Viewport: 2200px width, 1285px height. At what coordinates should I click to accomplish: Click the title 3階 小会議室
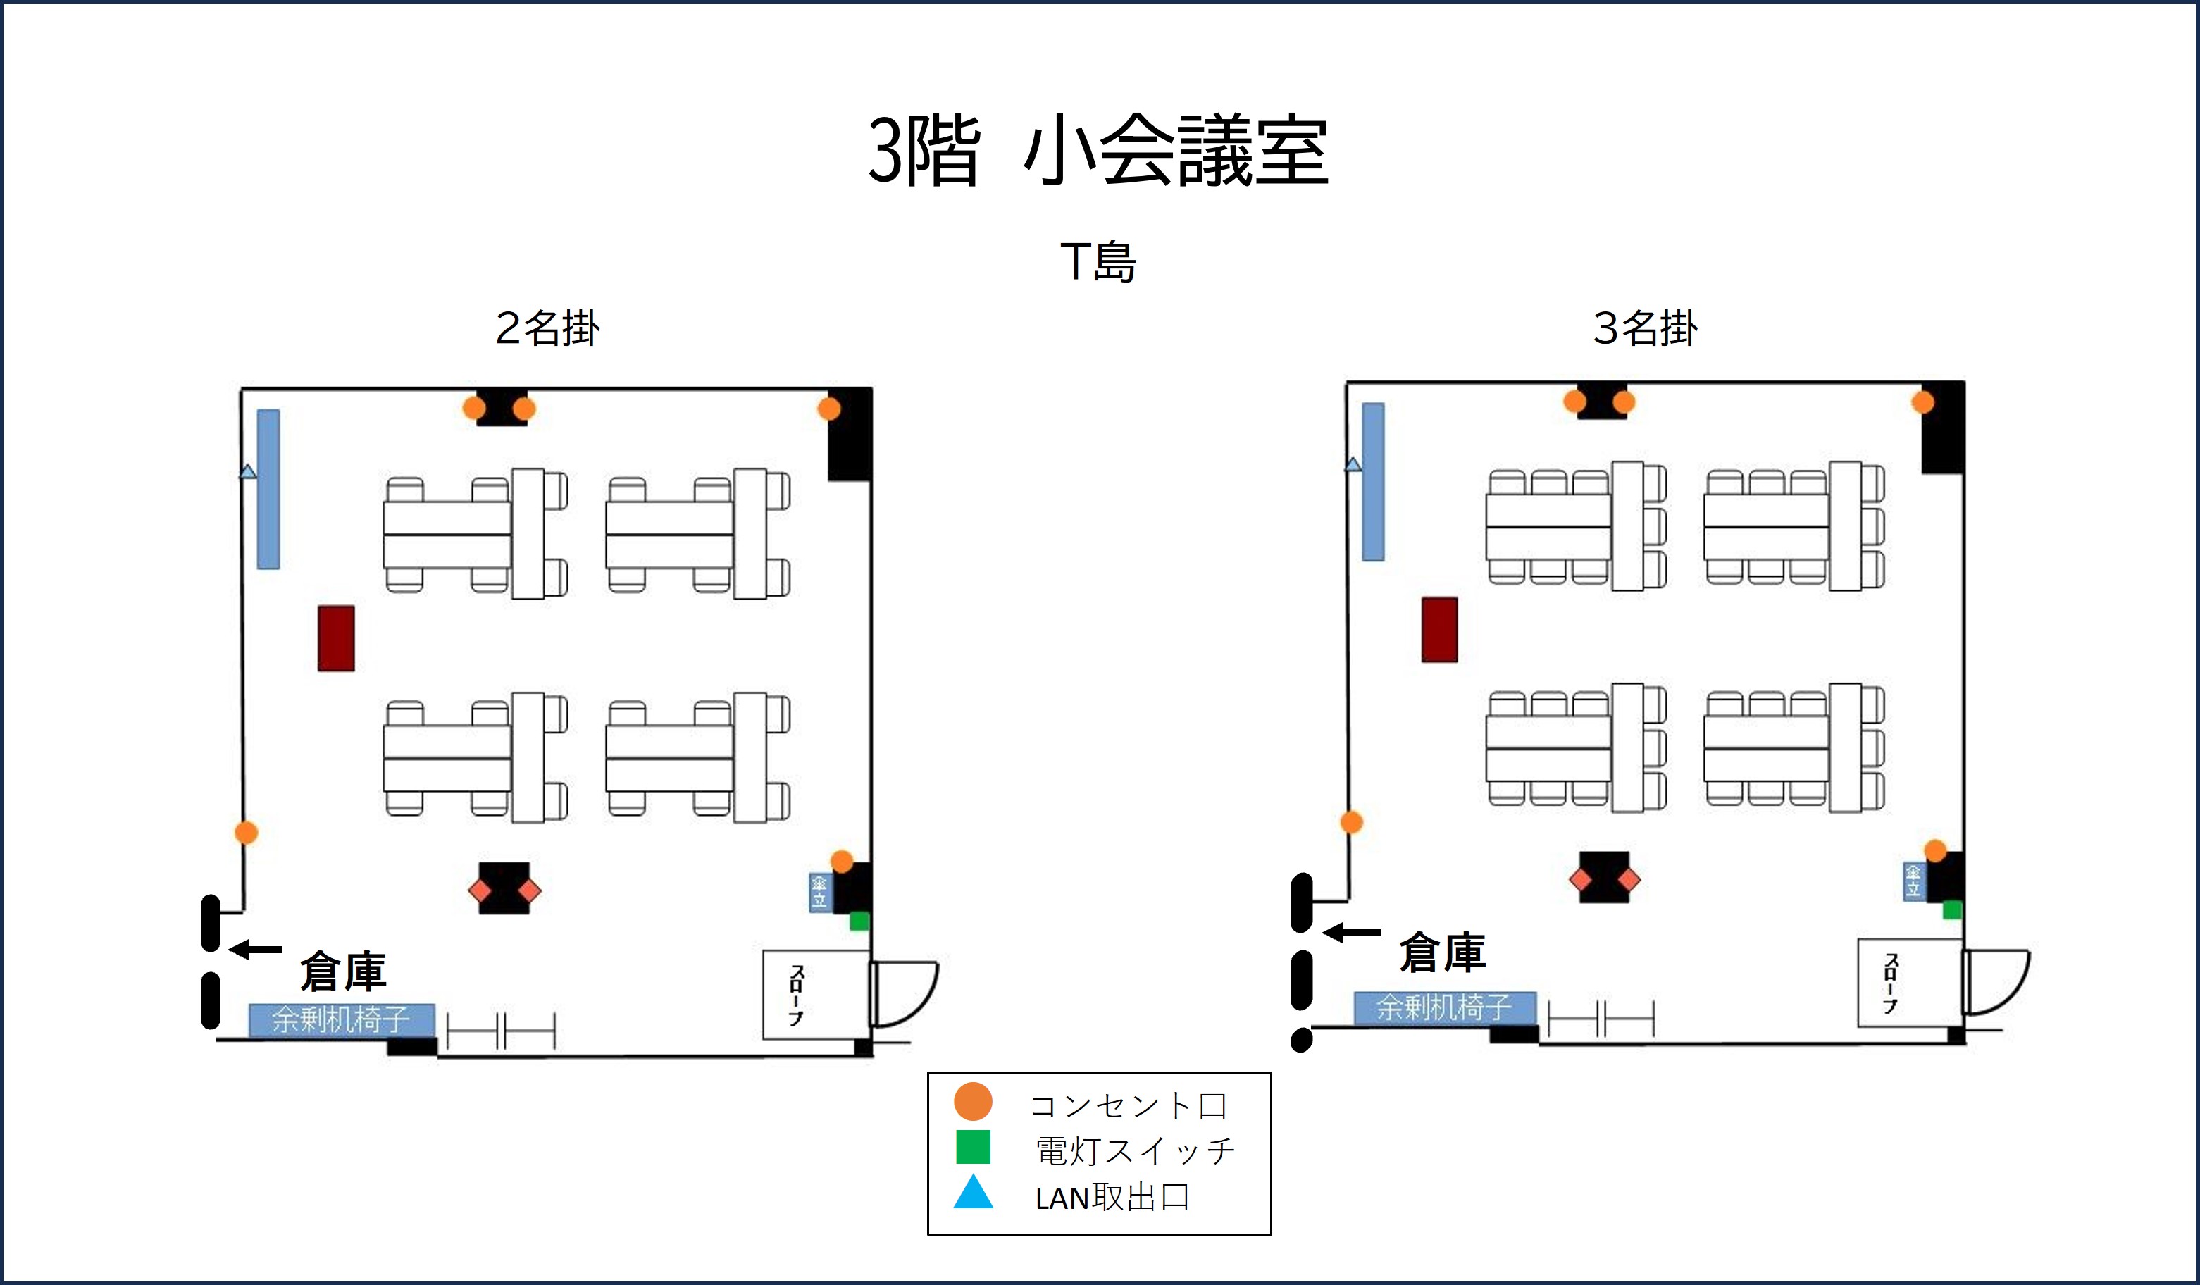(1098, 150)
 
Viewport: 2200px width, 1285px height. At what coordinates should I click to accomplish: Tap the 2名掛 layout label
(547, 328)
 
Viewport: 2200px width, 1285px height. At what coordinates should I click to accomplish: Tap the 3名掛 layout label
(1646, 328)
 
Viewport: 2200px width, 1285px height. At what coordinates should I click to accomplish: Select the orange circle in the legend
(973, 1101)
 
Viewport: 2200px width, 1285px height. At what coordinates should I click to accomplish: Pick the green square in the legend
(973, 1147)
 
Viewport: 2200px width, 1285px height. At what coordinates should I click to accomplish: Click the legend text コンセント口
(1129, 1106)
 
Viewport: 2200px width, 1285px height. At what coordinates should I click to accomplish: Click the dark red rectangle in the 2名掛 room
(336, 638)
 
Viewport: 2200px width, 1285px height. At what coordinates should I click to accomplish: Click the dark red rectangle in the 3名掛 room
(1440, 629)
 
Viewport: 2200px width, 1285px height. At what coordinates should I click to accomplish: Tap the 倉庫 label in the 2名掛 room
(343, 971)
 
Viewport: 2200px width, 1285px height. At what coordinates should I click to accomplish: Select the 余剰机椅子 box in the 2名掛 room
(342, 1019)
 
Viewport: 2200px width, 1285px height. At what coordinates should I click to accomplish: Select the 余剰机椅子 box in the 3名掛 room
(1445, 1008)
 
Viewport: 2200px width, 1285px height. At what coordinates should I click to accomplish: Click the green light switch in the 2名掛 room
(859, 921)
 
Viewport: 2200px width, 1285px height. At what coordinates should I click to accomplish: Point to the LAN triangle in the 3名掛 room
(1353, 464)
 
